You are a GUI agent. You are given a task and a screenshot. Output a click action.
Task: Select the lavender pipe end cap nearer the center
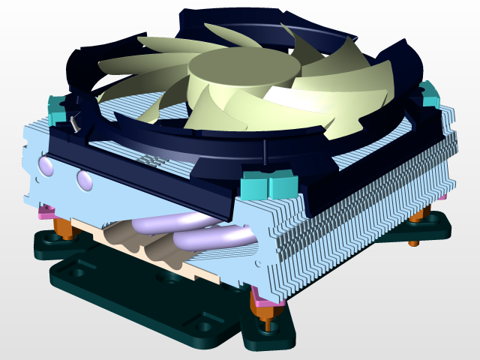coord(83,180)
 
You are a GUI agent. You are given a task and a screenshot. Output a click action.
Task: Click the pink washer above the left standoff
coord(48,211)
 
